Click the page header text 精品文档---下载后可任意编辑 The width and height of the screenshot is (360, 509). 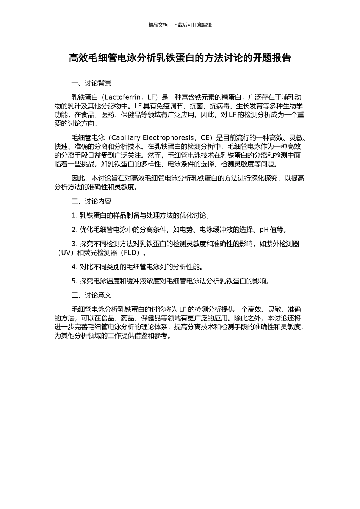click(x=180, y=25)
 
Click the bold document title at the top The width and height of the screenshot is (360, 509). click(x=180, y=58)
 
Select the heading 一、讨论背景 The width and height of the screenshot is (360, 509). click(x=91, y=83)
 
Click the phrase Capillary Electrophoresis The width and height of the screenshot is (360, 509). click(x=152, y=137)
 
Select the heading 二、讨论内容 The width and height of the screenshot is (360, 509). click(x=91, y=201)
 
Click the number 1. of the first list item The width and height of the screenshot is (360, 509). click(x=74, y=215)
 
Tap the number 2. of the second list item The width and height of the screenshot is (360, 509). click(x=74, y=230)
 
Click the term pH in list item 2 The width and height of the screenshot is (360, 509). click(x=264, y=230)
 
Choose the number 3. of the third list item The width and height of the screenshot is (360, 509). click(x=74, y=244)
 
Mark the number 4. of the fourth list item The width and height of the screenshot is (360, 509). click(x=74, y=267)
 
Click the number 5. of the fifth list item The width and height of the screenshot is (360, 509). click(x=74, y=281)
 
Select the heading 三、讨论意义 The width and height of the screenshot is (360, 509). click(x=91, y=295)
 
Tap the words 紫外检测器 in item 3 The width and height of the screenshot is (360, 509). click(x=283, y=244)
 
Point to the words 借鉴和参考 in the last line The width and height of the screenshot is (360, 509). click(x=151, y=336)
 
